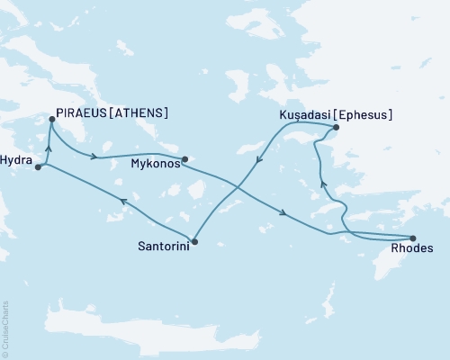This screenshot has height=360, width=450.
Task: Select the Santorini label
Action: click(163, 244)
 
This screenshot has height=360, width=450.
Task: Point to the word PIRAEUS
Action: click(83, 114)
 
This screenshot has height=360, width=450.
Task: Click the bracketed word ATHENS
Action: click(140, 114)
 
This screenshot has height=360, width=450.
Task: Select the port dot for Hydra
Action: click(37, 166)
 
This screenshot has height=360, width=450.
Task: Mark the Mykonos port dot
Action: click(184, 160)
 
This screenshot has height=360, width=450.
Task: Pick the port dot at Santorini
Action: click(194, 241)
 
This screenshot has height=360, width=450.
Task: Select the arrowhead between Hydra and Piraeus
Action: click(48, 147)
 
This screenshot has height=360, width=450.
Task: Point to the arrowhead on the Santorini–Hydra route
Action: click(121, 202)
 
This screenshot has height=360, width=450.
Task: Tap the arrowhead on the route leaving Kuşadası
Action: click(259, 159)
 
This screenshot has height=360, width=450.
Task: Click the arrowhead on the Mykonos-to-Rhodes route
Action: click(284, 213)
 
